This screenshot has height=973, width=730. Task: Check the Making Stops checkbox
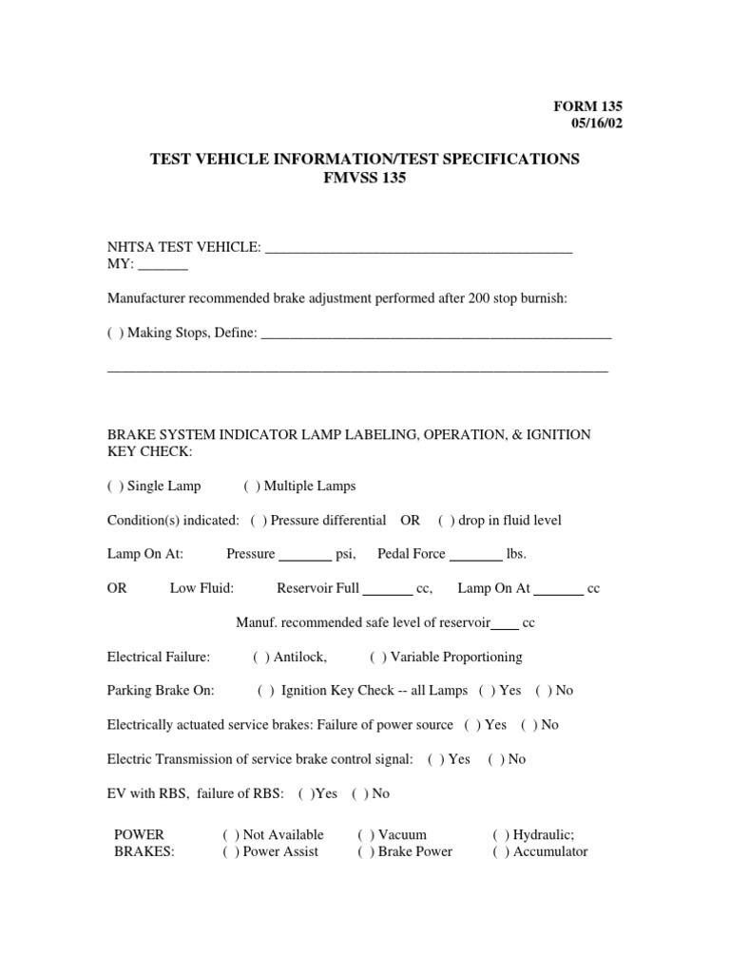[115, 334]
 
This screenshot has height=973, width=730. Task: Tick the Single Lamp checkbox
[115, 486]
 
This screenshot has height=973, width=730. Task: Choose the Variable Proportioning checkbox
[378, 657]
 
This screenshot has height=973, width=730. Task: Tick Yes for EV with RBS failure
[306, 793]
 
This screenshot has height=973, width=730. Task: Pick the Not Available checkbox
[231, 834]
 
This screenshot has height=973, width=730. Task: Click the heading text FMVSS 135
[365, 178]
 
